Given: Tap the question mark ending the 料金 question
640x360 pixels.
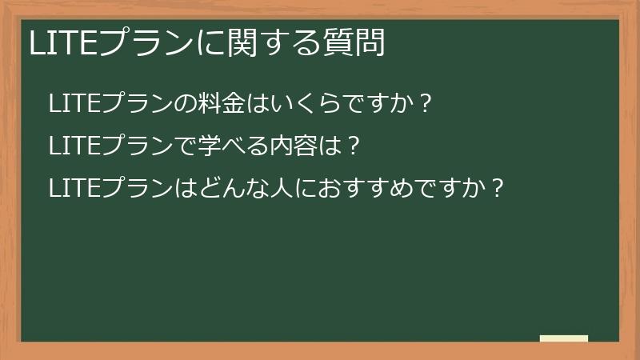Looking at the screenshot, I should click(426, 104).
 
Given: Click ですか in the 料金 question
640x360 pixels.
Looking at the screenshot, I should click(385, 104).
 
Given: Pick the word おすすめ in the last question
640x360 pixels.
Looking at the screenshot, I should click(363, 189).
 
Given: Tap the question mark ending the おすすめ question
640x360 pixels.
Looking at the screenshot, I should click(497, 189).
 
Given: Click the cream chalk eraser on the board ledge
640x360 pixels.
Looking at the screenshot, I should click(564, 338).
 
